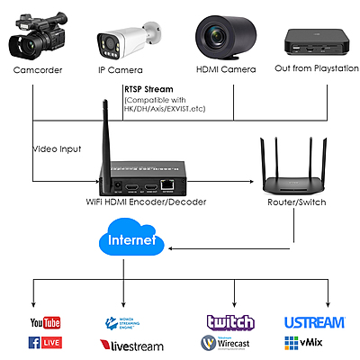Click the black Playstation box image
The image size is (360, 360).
314,38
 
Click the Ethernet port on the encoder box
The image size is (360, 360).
168,184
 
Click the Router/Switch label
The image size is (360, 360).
297,203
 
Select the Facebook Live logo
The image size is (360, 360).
47,343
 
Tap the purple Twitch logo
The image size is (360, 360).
230,322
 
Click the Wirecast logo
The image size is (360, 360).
230,343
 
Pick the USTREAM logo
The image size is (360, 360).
314,322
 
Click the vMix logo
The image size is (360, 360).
305,343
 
